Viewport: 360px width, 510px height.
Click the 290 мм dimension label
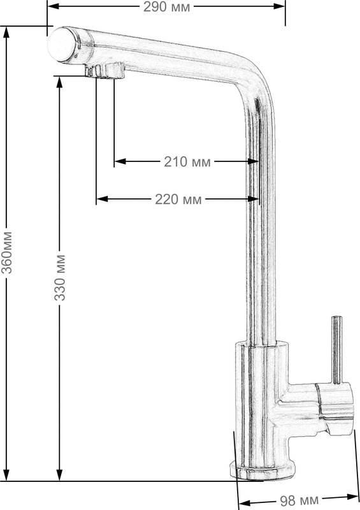coord(166,7)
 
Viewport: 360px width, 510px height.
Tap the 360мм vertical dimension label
coord(7,252)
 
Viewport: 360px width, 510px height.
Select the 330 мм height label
coord(60,278)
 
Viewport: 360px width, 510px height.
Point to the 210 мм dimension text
coord(187,162)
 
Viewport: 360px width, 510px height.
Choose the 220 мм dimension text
coord(178,200)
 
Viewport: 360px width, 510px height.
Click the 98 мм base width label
coord(299,500)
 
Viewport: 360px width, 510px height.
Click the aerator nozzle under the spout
coord(104,70)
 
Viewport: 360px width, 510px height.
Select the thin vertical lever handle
coord(336,349)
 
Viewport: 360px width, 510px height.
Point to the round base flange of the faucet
coord(262,470)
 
